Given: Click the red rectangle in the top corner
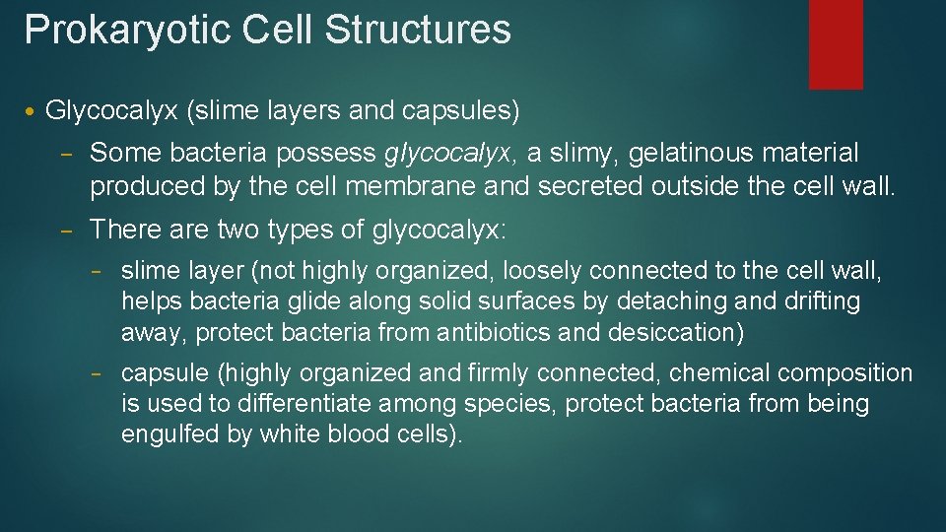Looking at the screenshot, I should coord(835,43).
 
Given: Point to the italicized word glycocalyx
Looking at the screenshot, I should coord(447,154).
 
